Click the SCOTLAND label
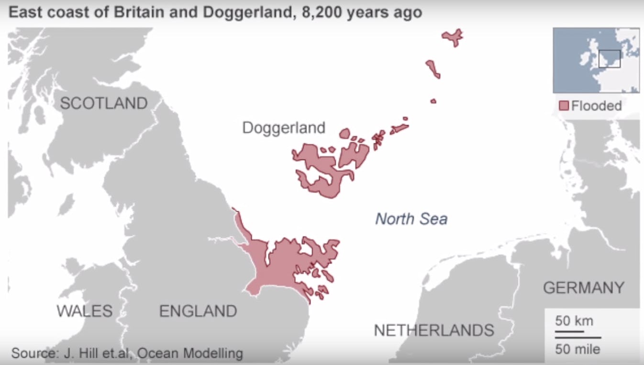(x=103, y=103)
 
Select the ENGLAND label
(x=198, y=311)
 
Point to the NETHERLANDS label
(x=433, y=330)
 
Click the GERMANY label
(x=584, y=288)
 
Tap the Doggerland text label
(x=284, y=127)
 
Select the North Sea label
(x=411, y=219)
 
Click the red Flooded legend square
(x=564, y=105)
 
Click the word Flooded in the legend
(x=597, y=105)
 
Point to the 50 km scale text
(x=574, y=320)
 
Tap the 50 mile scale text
(x=577, y=349)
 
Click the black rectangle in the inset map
(x=610, y=58)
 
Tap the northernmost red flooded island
(x=452, y=36)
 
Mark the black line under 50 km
(x=569, y=331)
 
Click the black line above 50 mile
(x=578, y=338)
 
